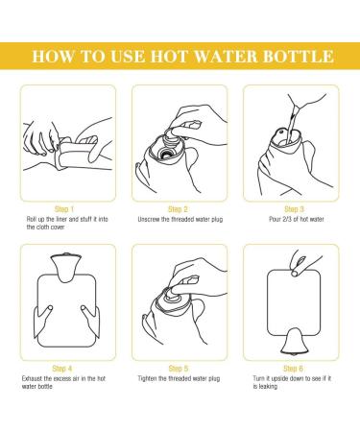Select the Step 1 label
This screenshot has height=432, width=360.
coord(64,209)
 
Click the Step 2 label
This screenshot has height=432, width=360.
coord(178,209)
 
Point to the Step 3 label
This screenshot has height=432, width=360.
coord(294,209)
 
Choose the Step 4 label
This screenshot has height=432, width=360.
coord(62,369)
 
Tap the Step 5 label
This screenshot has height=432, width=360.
coord(179,369)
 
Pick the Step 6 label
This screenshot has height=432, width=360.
coord(293,369)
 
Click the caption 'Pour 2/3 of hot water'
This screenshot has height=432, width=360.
coord(297,219)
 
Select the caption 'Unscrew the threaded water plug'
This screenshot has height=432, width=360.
coord(180,219)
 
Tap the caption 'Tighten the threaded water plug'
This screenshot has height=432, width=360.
coord(179,378)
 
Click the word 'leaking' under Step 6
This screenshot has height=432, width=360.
coord(268,387)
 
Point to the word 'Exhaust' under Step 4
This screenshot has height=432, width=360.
coord(32,378)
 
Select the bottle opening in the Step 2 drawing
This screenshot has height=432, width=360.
coord(166,153)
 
